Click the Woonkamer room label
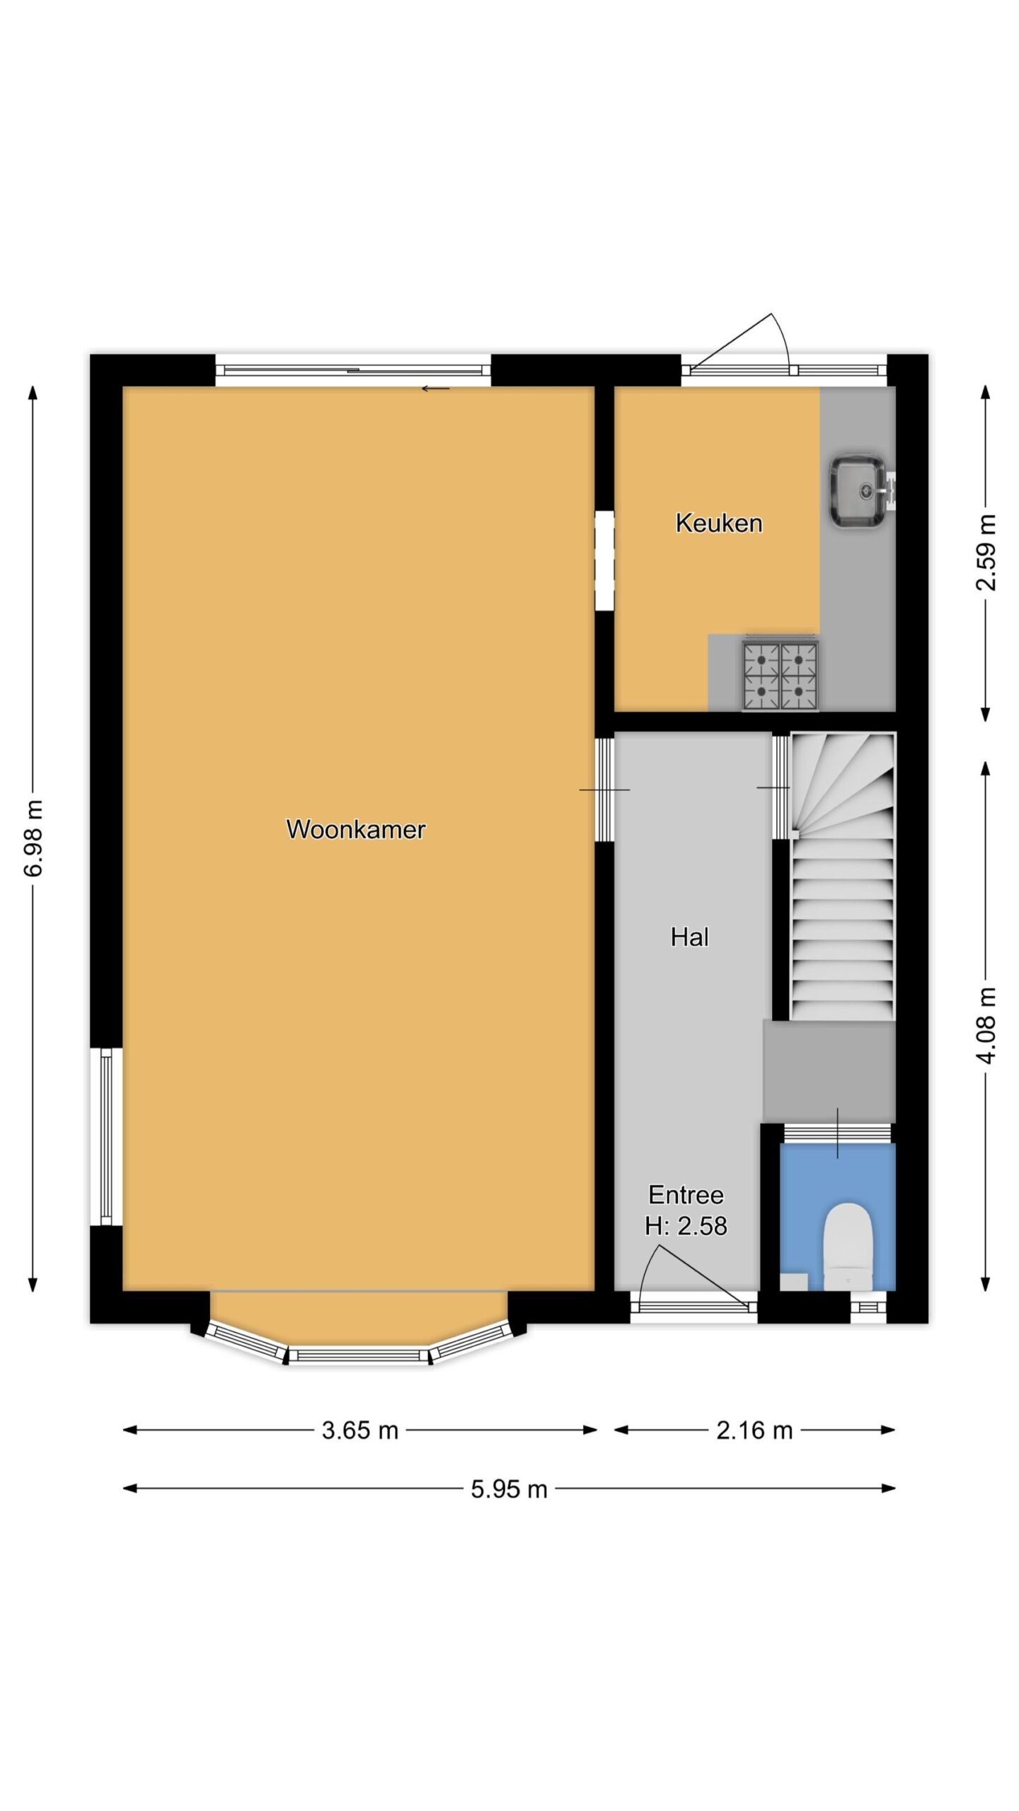pos(355,829)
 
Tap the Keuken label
pos(719,523)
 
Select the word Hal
pos(689,937)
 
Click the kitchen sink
pos(859,491)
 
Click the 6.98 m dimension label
pos(33,838)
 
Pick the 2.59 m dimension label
pos(986,552)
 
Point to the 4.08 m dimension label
pos(986,1026)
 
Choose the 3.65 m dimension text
pos(360,1430)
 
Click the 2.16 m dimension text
pos(754,1430)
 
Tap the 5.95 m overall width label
pos(509,1489)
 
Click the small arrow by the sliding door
pos(435,388)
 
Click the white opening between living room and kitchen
pos(604,560)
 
